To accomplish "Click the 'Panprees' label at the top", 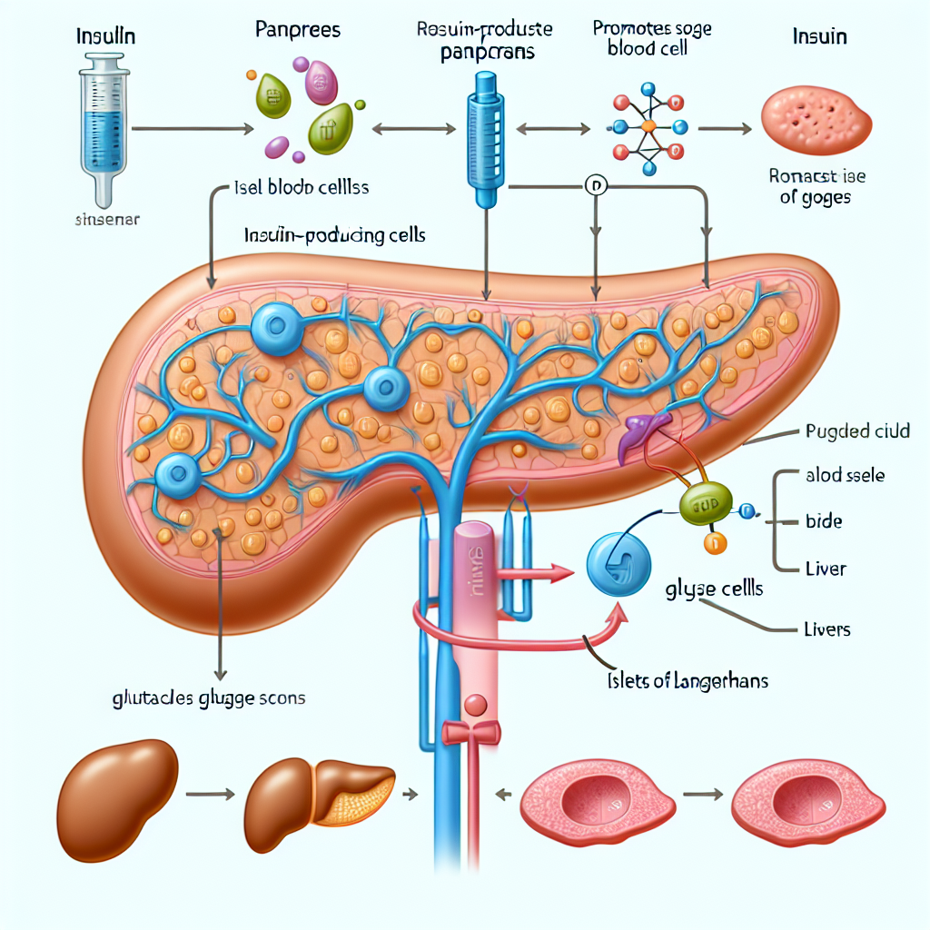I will click(298, 30).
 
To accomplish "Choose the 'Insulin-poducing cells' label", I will click(335, 234).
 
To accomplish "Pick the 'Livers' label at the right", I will click(826, 628).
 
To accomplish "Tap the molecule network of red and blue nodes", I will click(648, 128).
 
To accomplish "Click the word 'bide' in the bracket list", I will click(824, 522).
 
